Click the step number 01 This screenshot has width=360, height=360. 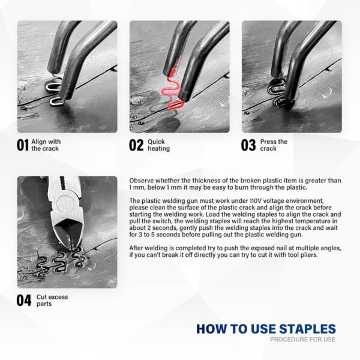point(23,145)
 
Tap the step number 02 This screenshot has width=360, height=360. point(136,145)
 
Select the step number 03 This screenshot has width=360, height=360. point(248,145)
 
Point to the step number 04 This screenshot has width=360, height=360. point(24,301)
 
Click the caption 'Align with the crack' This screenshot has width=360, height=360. point(46,145)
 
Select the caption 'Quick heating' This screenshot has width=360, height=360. point(158,145)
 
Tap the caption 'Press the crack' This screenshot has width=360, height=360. point(274,145)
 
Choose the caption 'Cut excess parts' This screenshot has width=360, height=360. point(52,301)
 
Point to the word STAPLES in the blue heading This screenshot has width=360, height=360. point(308,329)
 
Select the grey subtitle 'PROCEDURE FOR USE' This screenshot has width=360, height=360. point(302,340)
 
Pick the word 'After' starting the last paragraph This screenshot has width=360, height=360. point(136,248)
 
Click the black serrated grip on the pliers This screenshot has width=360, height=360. point(62,183)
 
